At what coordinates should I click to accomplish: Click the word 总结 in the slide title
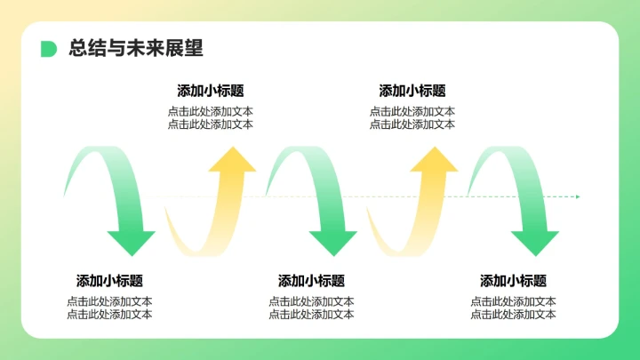tap(85, 49)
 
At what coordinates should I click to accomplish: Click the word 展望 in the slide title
tap(186, 49)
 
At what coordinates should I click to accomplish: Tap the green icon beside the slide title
tap(48, 49)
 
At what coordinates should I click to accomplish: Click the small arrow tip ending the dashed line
tap(577, 196)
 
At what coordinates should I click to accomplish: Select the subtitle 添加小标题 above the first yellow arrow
tap(211, 91)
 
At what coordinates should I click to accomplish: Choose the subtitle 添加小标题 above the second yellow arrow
tap(412, 91)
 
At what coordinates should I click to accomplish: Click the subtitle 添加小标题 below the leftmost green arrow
tap(109, 281)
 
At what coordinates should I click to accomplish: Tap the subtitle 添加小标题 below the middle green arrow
tap(311, 281)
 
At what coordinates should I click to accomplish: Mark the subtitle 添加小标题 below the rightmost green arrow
tap(514, 281)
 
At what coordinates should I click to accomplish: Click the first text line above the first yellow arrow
tap(211, 112)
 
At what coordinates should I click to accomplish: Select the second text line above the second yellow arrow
tap(412, 124)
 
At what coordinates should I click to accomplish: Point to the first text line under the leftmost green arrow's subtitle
tap(109, 301)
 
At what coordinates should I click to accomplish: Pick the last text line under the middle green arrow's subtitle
tap(311, 314)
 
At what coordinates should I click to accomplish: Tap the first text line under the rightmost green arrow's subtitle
tap(514, 301)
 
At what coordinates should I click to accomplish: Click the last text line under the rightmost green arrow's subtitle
tap(514, 314)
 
